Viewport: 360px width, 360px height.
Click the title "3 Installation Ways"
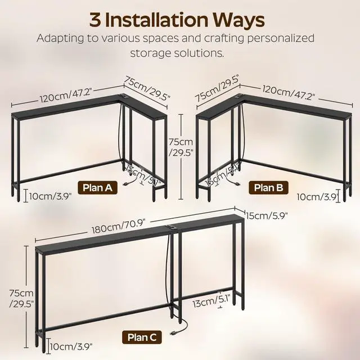click(x=177, y=20)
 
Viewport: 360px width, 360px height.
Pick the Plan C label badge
click(x=143, y=337)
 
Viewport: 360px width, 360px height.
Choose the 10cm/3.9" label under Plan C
click(x=72, y=346)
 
